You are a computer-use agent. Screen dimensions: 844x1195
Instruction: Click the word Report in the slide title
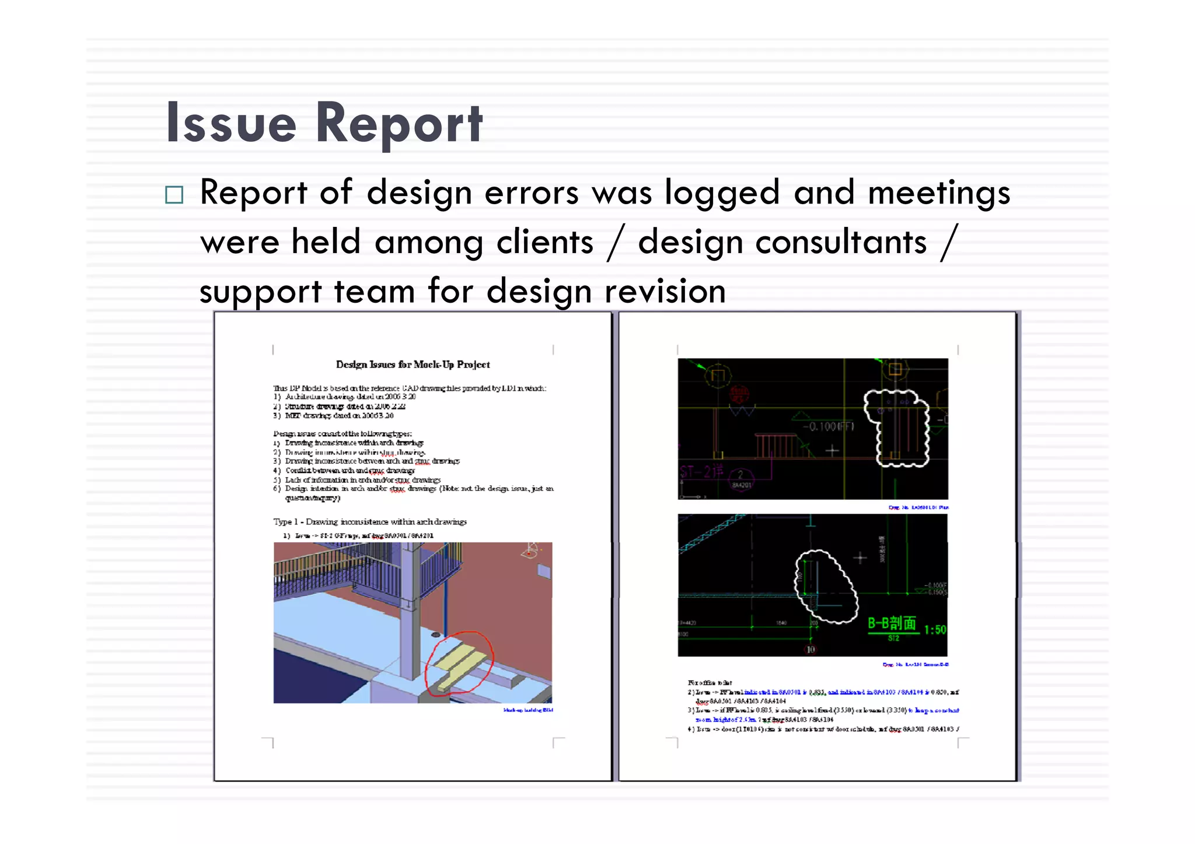click(399, 124)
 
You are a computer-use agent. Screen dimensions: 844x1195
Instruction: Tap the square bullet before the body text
click(174, 195)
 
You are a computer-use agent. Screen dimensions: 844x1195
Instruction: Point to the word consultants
click(840, 242)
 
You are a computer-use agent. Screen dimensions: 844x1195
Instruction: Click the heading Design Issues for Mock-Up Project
click(413, 365)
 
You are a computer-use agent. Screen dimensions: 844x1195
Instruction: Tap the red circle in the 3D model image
click(459, 663)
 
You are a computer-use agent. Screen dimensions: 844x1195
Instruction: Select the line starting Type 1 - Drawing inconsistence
click(370, 521)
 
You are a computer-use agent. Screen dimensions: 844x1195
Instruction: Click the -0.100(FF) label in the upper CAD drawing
click(828, 426)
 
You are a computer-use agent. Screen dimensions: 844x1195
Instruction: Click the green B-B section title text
click(892, 624)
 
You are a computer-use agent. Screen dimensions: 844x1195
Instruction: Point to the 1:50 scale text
click(935, 630)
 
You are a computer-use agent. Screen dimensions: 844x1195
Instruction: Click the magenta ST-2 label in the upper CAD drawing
click(702, 471)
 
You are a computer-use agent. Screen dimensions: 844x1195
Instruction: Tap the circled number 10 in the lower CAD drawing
click(810, 649)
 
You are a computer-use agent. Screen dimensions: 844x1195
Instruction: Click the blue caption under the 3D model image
click(528, 710)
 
